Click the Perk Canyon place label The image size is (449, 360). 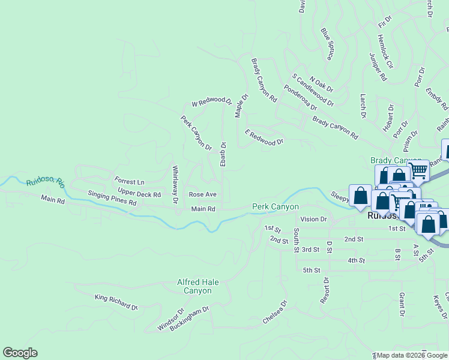[275, 206]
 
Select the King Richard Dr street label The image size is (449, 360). [116, 302]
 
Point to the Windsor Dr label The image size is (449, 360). [169, 319]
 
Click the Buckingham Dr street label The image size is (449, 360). [188, 319]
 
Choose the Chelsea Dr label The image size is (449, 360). [276, 313]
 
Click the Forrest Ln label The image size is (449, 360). [130, 181]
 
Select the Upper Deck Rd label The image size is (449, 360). [139, 194]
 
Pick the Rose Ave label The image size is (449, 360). [202, 194]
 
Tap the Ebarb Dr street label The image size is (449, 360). [223, 154]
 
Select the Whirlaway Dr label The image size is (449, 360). [175, 184]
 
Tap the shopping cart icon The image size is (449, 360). [418, 170]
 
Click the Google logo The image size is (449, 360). [20, 353]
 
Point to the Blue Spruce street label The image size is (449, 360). [327, 44]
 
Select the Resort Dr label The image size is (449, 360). [326, 290]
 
